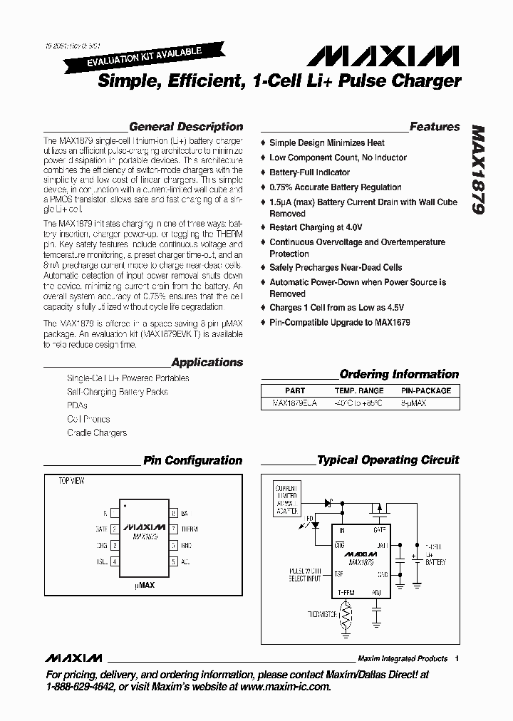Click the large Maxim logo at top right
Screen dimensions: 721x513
coord(388,56)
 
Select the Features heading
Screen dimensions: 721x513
coord(435,127)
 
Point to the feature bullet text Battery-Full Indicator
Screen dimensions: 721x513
coord(309,172)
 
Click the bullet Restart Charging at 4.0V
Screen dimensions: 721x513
coord(316,227)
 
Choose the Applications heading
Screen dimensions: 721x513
coord(207,362)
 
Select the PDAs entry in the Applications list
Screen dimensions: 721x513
coord(77,405)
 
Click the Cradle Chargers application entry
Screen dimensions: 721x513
coord(97,432)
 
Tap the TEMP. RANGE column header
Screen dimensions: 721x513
coord(359,390)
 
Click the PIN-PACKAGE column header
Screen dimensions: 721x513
coord(426,390)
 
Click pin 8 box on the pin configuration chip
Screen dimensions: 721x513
coord(173,513)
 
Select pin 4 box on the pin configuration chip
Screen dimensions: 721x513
coord(114,561)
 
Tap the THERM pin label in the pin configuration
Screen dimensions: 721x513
coord(190,529)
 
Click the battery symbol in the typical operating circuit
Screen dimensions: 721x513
coord(413,558)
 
